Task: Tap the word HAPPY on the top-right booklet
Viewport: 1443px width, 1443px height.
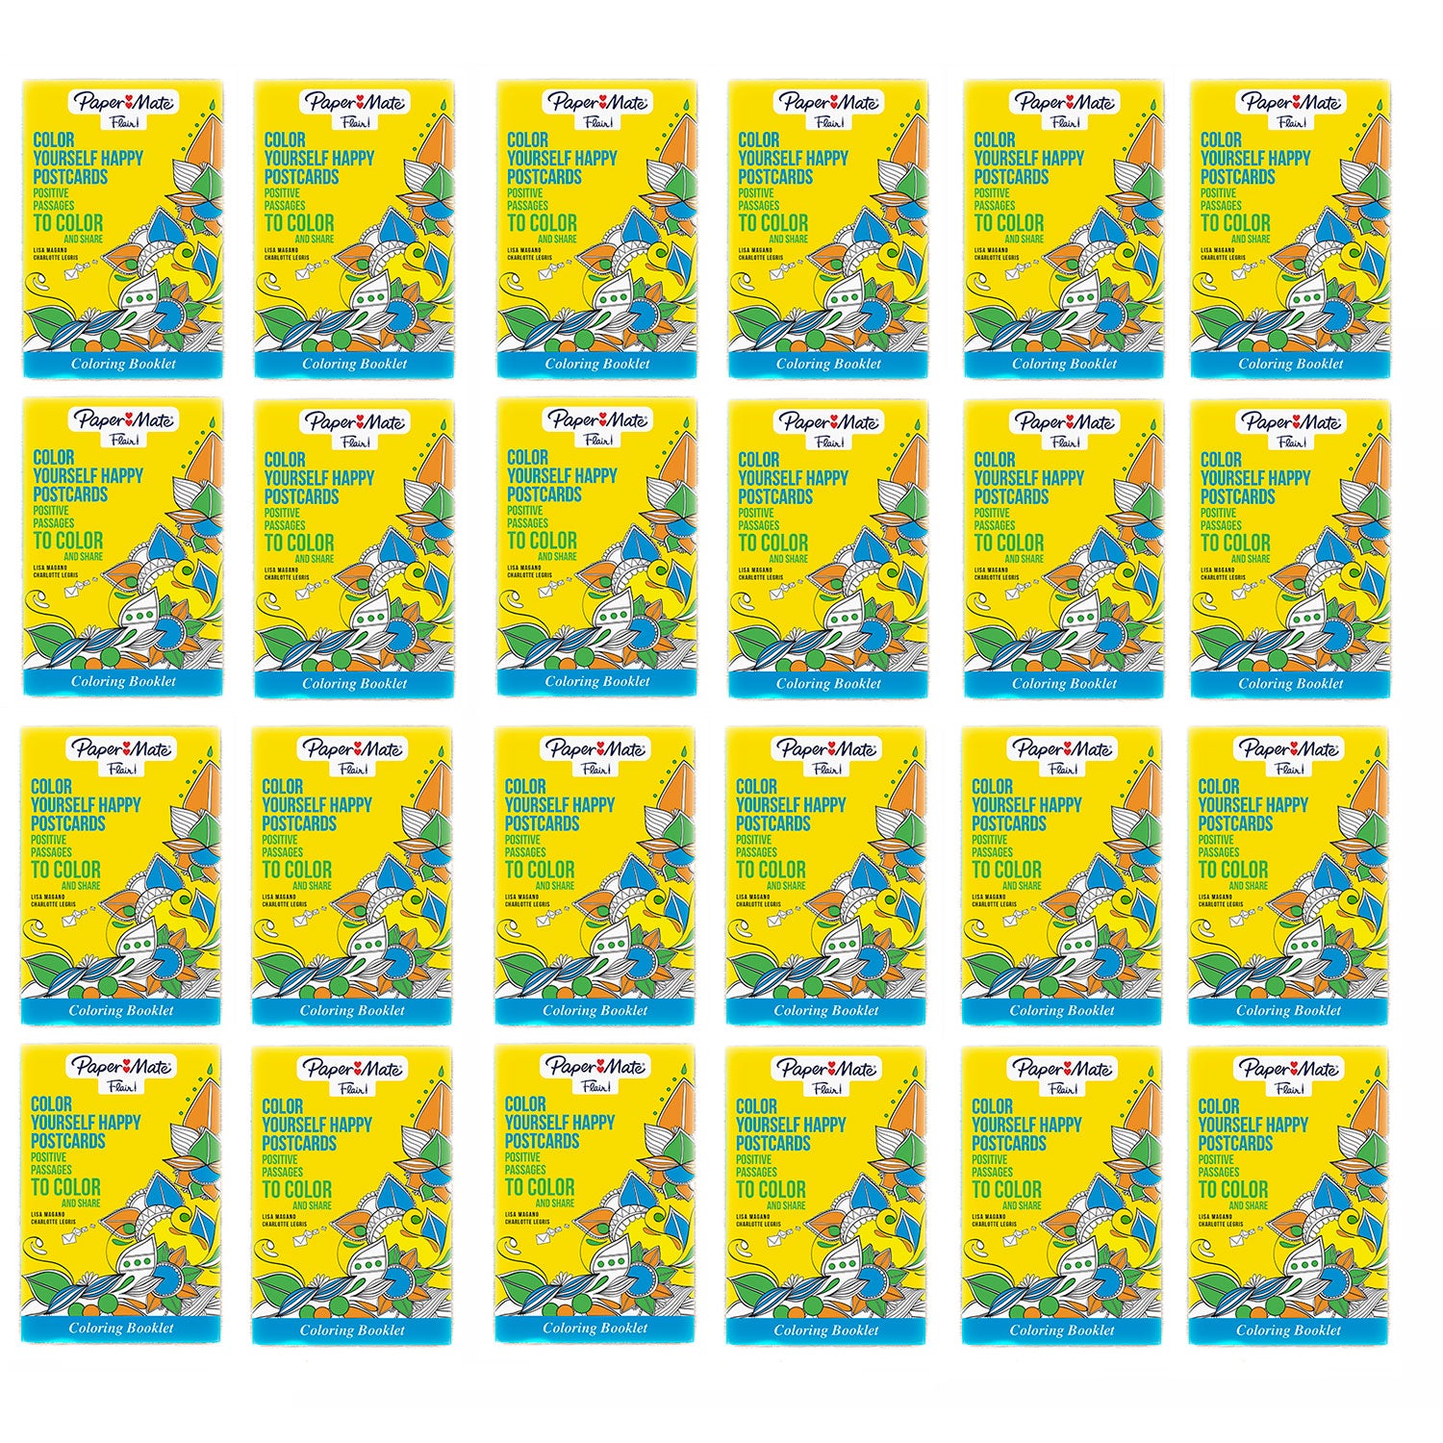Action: coord(1289,159)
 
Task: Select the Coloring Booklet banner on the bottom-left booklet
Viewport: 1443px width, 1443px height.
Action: coord(121,1329)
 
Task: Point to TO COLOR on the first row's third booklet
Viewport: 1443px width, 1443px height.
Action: coord(542,223)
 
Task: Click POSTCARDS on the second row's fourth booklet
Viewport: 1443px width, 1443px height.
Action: coord(775,497)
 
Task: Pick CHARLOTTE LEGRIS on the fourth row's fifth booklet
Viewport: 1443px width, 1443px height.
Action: coord(998,1225)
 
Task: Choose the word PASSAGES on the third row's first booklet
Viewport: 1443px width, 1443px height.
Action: coord(52,851)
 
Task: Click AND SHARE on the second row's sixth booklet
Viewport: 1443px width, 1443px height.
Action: coord(1251,558)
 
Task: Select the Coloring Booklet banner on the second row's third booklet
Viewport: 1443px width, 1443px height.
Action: coord(597,682)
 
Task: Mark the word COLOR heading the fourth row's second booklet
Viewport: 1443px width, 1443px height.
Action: coord(283,1106)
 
